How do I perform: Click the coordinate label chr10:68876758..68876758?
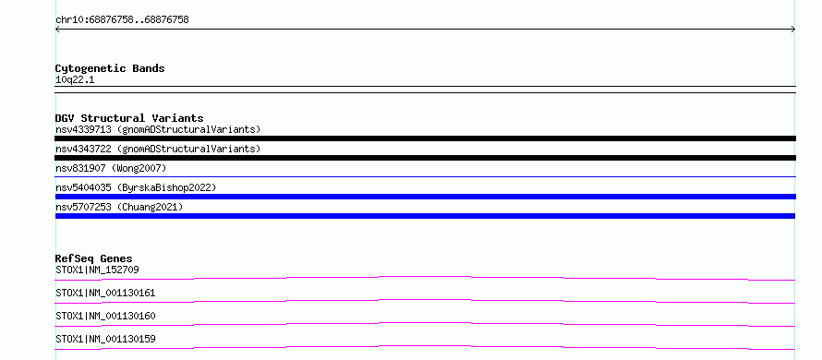pos(122,20)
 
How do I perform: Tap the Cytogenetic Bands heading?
pos(110,68)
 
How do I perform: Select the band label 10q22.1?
pos(75,80)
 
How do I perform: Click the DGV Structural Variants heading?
pos(129,118)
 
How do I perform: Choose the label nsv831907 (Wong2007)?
pos(111,168)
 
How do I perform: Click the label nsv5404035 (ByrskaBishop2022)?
pos(136,187)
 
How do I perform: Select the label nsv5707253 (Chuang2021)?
pos(119,207)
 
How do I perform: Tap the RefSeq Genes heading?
pos(94,258)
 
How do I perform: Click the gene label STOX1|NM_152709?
pos(97,270)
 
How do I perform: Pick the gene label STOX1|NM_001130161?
pos(105,293)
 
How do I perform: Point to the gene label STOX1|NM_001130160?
pos(105,316)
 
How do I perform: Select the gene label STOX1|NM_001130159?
pos(105,339)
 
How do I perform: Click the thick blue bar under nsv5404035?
pos(426,197)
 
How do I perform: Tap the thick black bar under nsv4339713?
pos(426,138)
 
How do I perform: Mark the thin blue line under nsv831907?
pos(426,176)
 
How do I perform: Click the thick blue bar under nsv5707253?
pos(425,216)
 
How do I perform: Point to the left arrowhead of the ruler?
pos(56,30)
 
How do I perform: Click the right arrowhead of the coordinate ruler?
pos(794,30)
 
